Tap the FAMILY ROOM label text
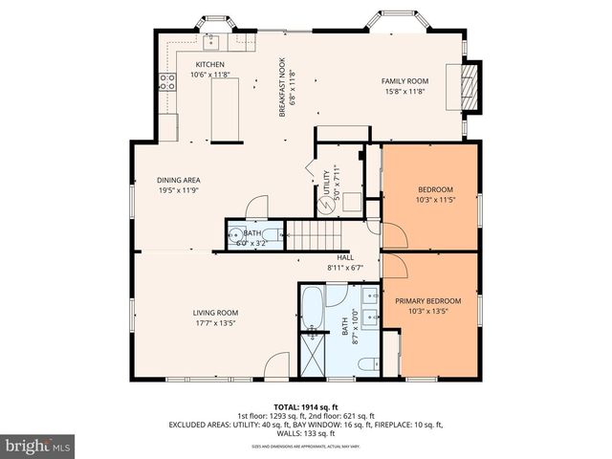[x=404, y=81]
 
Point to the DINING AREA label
[x=179, y=180]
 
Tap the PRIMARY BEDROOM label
[x=427, y=301]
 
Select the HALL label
[x=345, y=257]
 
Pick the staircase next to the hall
[x=308, y=232]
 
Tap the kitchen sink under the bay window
[x=210, y=40]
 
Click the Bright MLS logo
[x=38, y=446]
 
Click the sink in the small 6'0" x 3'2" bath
[x=238, y=232]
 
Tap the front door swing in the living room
[x=276, y=363]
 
